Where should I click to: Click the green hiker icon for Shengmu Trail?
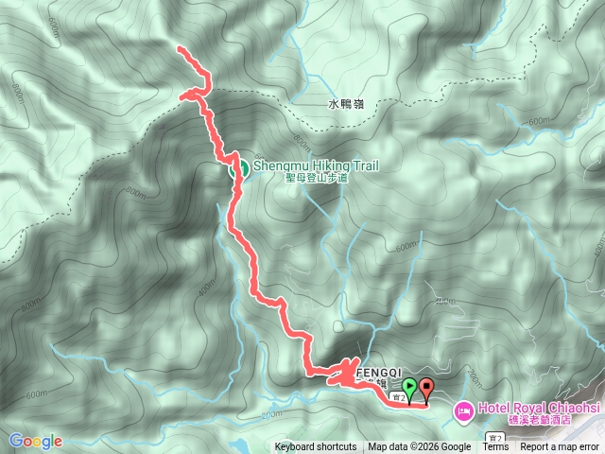pos(238,168)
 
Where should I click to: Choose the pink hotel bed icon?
pos(463,411)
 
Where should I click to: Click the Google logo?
pos(35,441)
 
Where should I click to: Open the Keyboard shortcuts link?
pos(316,447)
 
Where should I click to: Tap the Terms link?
pos(495,447)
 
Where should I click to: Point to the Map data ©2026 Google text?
pos(420,447)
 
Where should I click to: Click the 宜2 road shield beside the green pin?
pos(400,398)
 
